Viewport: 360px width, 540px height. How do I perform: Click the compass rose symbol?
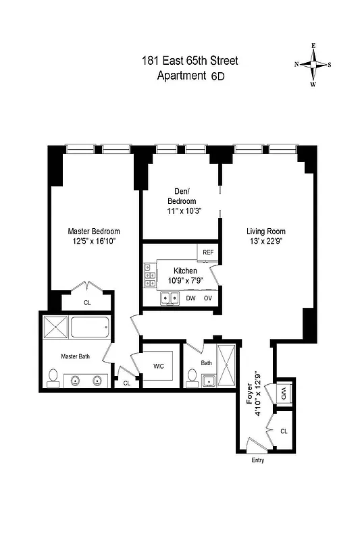point(313,65)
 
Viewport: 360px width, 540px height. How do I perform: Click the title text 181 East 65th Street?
point(190,61)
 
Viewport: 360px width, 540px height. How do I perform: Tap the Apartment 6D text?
point(190,76)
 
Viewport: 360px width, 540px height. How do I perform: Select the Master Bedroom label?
point(93,231)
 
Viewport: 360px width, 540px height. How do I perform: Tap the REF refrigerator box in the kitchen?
point(207,252)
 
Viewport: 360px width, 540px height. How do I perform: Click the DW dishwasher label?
point(191,298)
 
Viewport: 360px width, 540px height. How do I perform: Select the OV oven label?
point(208,298)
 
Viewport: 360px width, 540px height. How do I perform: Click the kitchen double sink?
point(169,298)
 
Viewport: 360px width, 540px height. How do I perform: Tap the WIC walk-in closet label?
point(158,367)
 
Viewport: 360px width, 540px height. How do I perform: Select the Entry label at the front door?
point(257,460)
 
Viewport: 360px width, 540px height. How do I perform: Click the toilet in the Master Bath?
point(53,378)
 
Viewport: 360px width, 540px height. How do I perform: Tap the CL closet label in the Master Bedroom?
point(87,303)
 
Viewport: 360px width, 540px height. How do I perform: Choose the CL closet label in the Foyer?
point(284,430)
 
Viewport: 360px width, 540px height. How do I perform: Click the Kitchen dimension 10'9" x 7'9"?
point(176,279)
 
